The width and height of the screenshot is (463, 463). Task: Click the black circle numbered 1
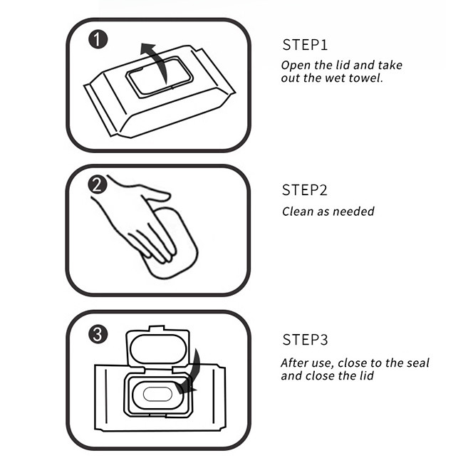[98, 40]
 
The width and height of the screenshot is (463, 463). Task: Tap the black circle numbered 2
[98, 184]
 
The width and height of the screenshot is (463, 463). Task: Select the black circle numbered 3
[98, 334]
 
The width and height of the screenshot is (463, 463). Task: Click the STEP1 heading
[305, 45]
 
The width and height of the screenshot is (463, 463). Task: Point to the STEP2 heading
[305, 190]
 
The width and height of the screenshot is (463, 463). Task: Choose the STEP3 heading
[305, 340]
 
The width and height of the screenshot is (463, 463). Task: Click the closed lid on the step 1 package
[160, 77]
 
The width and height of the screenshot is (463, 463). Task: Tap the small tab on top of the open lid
[157, 328]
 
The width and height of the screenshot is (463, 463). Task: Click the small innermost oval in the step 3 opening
[157, 394]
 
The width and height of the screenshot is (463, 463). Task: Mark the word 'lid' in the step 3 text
[366, 376]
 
